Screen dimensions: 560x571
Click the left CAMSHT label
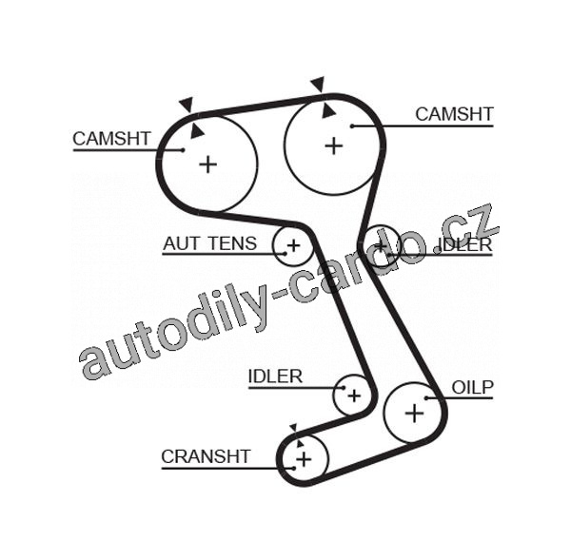(x=111, y=138)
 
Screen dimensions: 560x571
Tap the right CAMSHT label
(x=454, y=114)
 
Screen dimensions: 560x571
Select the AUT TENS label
(x=209, y=243)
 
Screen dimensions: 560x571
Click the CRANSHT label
(x=206, y=456)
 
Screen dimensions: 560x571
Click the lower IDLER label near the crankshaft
(x=275, y=377)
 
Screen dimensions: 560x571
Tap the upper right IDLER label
(x=464, y=244)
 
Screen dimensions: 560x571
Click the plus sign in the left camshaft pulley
(x=207, y=164)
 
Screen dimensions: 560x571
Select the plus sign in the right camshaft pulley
(x=333, y=145)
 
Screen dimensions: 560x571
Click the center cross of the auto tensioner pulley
(x=293, y=247)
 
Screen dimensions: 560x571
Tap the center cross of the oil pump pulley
(x=414, y=413)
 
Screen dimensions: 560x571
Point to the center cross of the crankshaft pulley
(x=304, y=460)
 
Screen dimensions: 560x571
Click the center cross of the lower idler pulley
(x=353, y=394)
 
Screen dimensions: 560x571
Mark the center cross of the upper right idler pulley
(x=382, y=245)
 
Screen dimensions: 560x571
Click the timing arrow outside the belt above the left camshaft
(x=186, y=104)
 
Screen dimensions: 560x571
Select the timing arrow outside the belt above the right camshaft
(x=317, y=84)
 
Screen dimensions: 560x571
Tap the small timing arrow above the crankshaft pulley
(x=293, y=428)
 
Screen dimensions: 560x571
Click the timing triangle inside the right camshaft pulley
(x=328, y=111)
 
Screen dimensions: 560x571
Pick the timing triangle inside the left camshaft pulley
(x=197, y=130)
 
